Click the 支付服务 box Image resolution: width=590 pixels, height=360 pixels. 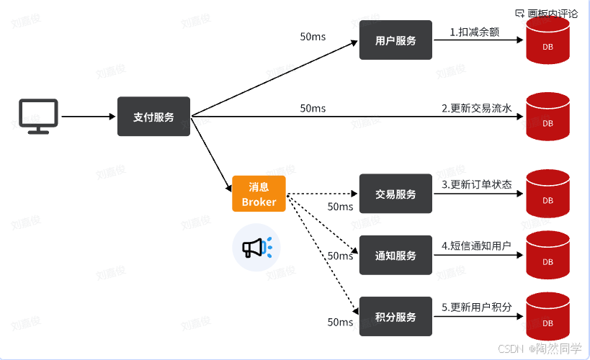point(153,117)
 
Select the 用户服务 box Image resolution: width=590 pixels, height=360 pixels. point(395,40)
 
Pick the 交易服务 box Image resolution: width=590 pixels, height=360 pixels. point(395,194)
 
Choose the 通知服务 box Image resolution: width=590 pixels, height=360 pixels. point(395,256)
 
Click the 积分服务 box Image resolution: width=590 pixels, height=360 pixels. point(395,317)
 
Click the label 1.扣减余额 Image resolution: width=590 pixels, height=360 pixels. point(475,32)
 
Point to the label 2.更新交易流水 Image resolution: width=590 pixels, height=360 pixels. point(476,109)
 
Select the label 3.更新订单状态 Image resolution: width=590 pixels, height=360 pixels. point(476,184)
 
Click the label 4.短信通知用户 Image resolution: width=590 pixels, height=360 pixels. point(476,246)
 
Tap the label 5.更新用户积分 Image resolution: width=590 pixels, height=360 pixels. point(476,307)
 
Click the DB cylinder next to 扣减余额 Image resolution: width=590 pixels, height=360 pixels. point(547,41)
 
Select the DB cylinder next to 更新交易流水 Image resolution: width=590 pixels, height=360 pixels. point(547,117)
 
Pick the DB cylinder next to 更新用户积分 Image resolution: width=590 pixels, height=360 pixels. point(547,317)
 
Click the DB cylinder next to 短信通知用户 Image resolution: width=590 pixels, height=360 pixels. point(547,256)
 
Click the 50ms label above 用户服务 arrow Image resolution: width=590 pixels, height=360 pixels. point(313,36)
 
